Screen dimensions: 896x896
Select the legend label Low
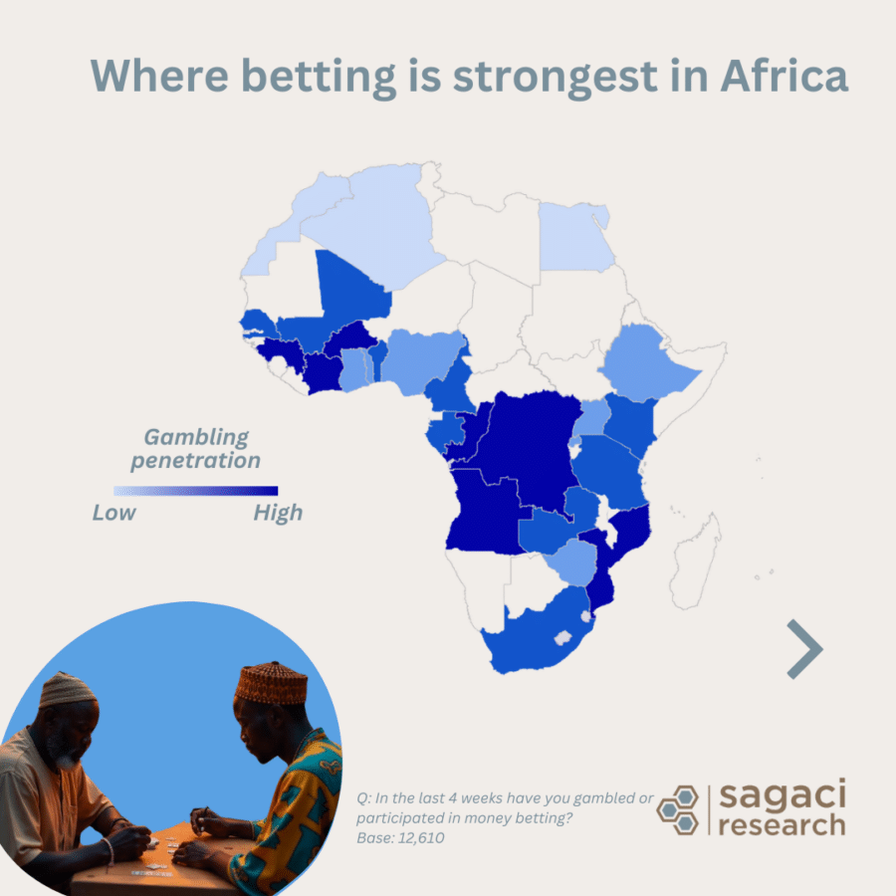coord(114,513)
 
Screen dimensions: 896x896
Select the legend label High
coord(277,513)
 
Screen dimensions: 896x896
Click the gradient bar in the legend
coord(195,491)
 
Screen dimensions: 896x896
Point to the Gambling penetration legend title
coord(196,448)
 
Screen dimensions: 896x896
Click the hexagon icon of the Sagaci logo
coord(680,809)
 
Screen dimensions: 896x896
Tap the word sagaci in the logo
coord(782,795)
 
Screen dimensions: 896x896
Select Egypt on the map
coord(574,237)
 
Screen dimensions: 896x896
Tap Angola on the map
coord(486,513)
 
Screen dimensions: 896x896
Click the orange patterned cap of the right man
coord(271,683)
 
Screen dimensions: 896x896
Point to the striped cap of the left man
coord(68,688)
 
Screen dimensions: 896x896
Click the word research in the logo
coord(782,825)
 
